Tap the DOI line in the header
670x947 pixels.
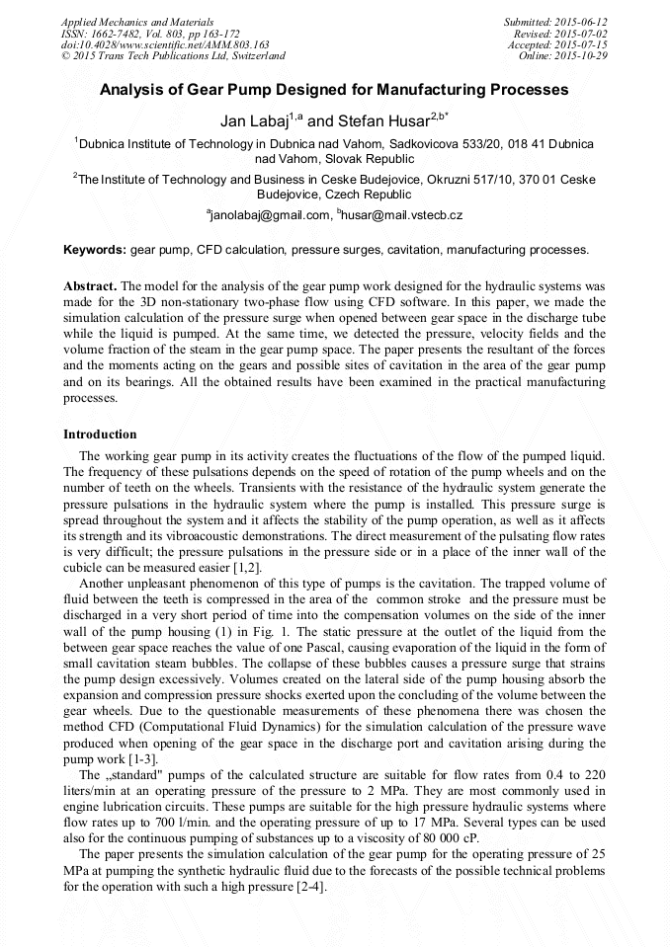click(165, 44)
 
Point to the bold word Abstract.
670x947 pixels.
click(90, 284)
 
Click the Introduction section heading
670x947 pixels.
click(100, 434)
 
